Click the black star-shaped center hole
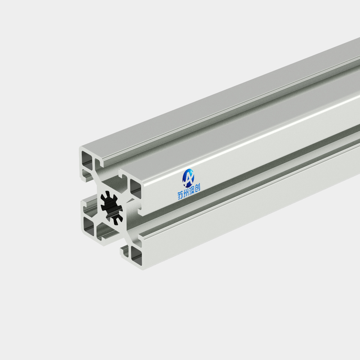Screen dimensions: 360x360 pyautogui.click(x=112, y=208)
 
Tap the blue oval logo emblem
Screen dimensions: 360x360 pyautogui.click(x=188, y=178)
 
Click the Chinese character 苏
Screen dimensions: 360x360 pyautogui.click(x=180, y=195)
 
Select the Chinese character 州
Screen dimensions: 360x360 pyautogui.click(x=186, y=193)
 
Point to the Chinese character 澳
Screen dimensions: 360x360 pyautogui.click(x=192, y=191)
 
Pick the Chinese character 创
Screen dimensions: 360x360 pyautogui.click(x=197, y=188)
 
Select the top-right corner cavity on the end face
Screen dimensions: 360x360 pyautogui.click(x=135, y=189)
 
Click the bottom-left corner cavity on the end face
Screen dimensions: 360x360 pyautogui.click(x=89, y=226)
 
